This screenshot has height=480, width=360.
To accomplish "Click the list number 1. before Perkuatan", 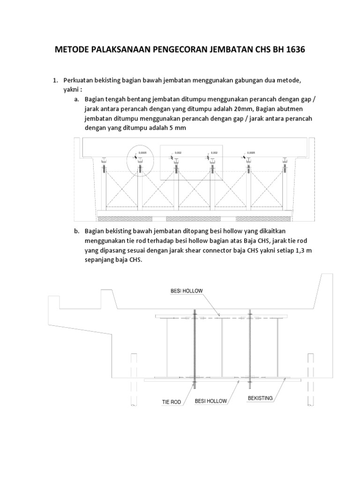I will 55,81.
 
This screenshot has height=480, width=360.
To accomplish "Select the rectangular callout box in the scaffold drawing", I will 191,162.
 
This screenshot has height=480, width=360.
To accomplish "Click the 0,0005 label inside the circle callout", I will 143,153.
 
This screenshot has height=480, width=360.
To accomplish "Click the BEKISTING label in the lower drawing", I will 260,398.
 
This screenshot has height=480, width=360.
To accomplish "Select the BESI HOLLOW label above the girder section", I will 186,291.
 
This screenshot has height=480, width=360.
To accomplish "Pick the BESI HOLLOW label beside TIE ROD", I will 210,401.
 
